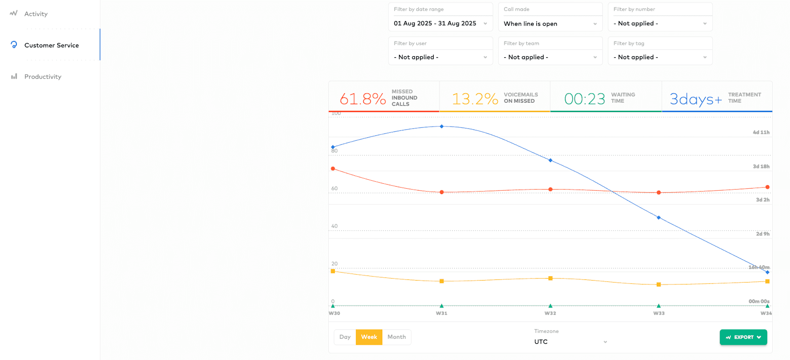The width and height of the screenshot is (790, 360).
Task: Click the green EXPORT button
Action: pyautogui.click(x=743, y=337)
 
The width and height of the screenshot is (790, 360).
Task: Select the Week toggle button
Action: pyautogui.click(x=369, y=337)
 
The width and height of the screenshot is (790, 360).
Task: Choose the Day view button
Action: pyautogui.click(x=345, y=337)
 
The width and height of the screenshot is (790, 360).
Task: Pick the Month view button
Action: pyautogui.click(x=396, y=337)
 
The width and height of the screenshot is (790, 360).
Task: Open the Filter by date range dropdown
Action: pyautogui.click(x=440, y=23)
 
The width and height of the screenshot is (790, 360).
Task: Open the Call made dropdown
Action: pyautogui.click(x=550, y=23)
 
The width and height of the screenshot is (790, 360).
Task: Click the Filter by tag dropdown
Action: pyautogui.click(x=660, y=57)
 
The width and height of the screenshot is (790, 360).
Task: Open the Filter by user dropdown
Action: pyautogui.click(x=440, y=57)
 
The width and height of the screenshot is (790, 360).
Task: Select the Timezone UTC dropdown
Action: pyautogui.click(x=570, y=342)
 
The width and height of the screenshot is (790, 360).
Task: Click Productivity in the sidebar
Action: pyautogui.click(x=43, y=77)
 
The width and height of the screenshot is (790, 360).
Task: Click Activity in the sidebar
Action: pyautogui.click(x=36, y=14)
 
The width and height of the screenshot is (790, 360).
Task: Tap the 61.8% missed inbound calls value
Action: pyautogui.click(x=363, y=99)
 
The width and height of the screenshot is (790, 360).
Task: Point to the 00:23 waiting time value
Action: pyautogui.click(x=585, y=99)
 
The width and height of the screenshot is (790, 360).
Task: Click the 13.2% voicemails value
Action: pyautogui.click(x=475, y=99)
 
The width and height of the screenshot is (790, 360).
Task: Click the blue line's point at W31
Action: pyautogui.click(x=441, y=126)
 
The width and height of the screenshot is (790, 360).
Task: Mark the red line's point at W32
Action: pyautogui.click(x=551, y=189)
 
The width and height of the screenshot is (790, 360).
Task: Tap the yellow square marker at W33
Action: pyautogui.click(x=659, y=284)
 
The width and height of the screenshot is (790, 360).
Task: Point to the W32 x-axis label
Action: pyautogui.click(x=550, y=313)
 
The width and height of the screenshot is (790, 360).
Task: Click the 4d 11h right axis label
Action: pyautogui.click(x=761, y=132)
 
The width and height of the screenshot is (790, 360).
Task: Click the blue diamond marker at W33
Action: pyautogui.click(x=659, y=218)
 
